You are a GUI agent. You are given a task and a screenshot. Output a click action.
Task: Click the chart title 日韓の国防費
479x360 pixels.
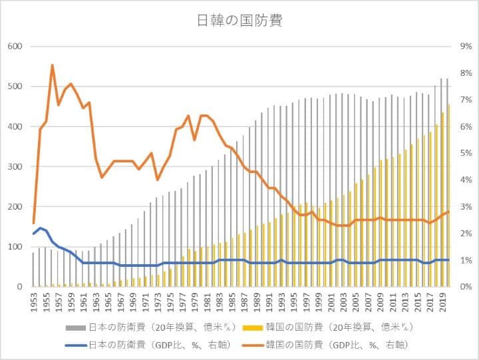pos(239,21)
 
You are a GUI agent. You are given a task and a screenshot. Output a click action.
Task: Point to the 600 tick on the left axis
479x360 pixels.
pos(15,46)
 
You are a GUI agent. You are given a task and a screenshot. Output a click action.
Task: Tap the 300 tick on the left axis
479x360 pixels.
pos(15,166)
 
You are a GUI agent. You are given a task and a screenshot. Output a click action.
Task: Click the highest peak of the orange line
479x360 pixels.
pos(52,65)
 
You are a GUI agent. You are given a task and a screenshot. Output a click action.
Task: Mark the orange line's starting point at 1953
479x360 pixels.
pos(33,223)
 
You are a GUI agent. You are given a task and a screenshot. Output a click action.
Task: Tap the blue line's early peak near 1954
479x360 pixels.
pos(40,228)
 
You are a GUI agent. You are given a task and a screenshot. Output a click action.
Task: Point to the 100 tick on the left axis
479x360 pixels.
pos(15,247)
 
